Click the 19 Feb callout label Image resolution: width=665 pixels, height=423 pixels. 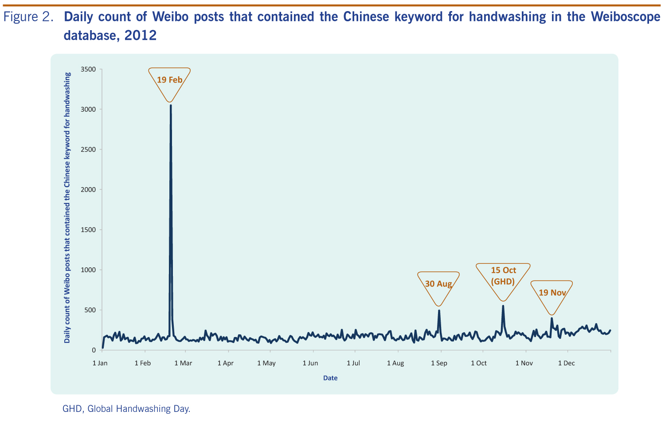pyautogui.click(x=170, y=80)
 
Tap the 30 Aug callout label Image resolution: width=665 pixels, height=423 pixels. pyautogui.click(x=438, y=284)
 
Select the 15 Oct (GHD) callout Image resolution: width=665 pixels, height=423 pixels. pyautogui.click(x=503, y=276)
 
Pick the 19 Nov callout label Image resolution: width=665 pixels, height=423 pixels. pyautogui.click(x=552, y=293)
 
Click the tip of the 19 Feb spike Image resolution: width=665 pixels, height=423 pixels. pyautogui.click(x=171, y=105)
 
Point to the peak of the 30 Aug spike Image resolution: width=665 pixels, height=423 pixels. pyautogui.click(x=439, y=310)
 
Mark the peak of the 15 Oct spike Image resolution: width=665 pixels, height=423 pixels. pyautogui.click(x=503, y=305)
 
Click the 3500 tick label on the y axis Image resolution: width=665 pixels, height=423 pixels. pyautogui.click(x=88, y=69)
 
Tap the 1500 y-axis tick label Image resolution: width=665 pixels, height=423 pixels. pyautogui.click(x=88, y=230)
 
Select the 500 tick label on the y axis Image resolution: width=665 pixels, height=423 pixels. pyautogui.click(x=90, y=310)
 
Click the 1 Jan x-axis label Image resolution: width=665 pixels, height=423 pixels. pyautogui.click(x=100, y=363)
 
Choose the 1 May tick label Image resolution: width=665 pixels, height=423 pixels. pyautogui.click(x=266, y=363)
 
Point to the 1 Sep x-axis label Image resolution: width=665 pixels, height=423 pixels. pyautogui.click(x=439, y=363)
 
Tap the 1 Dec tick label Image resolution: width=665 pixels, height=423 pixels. pyautogui.click(x=566, y=363)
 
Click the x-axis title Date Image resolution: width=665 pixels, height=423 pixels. pyautogui.click(x=330, y=378)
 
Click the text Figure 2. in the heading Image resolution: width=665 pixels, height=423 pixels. pyautogui.click(x=29, y=17)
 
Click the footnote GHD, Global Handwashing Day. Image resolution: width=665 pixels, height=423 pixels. pyautogui.click(x=126, y=409)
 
